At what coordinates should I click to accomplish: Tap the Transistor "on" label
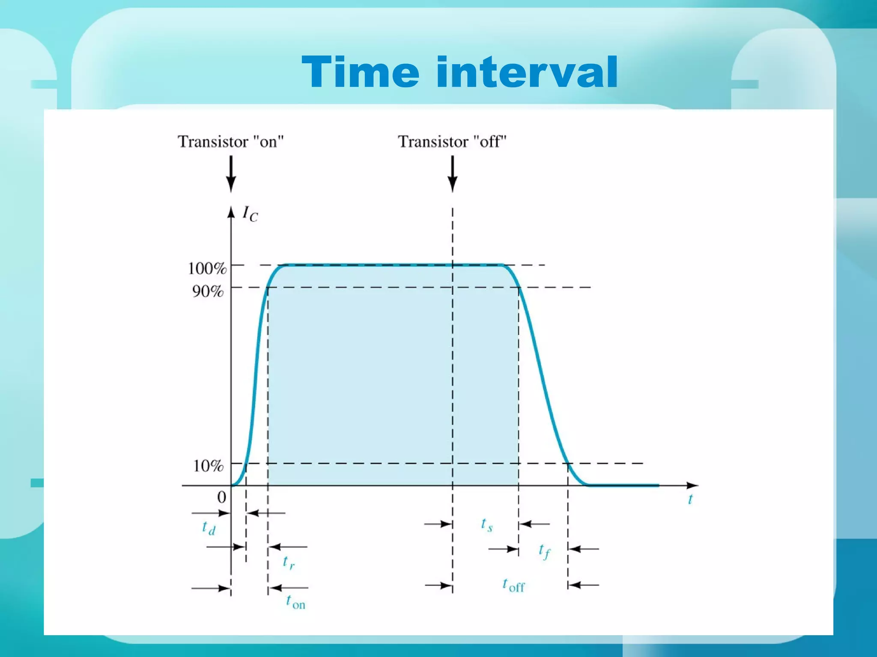coord(231,142)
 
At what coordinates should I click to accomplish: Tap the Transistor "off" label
coord(452,142)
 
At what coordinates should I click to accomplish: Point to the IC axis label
coord(250,213)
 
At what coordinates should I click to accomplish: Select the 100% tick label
coord(207,269)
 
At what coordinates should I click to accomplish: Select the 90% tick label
coord(208,292)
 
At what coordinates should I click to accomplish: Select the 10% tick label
coord(208,466)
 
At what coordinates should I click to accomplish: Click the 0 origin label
coord(221,497)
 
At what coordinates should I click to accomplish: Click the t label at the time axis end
coord(690,499)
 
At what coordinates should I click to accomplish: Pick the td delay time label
coord(209,528)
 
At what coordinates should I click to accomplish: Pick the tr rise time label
coord(289,562)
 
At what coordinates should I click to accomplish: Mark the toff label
coord(513,585)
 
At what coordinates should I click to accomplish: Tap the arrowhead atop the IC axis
coord(231,212)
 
